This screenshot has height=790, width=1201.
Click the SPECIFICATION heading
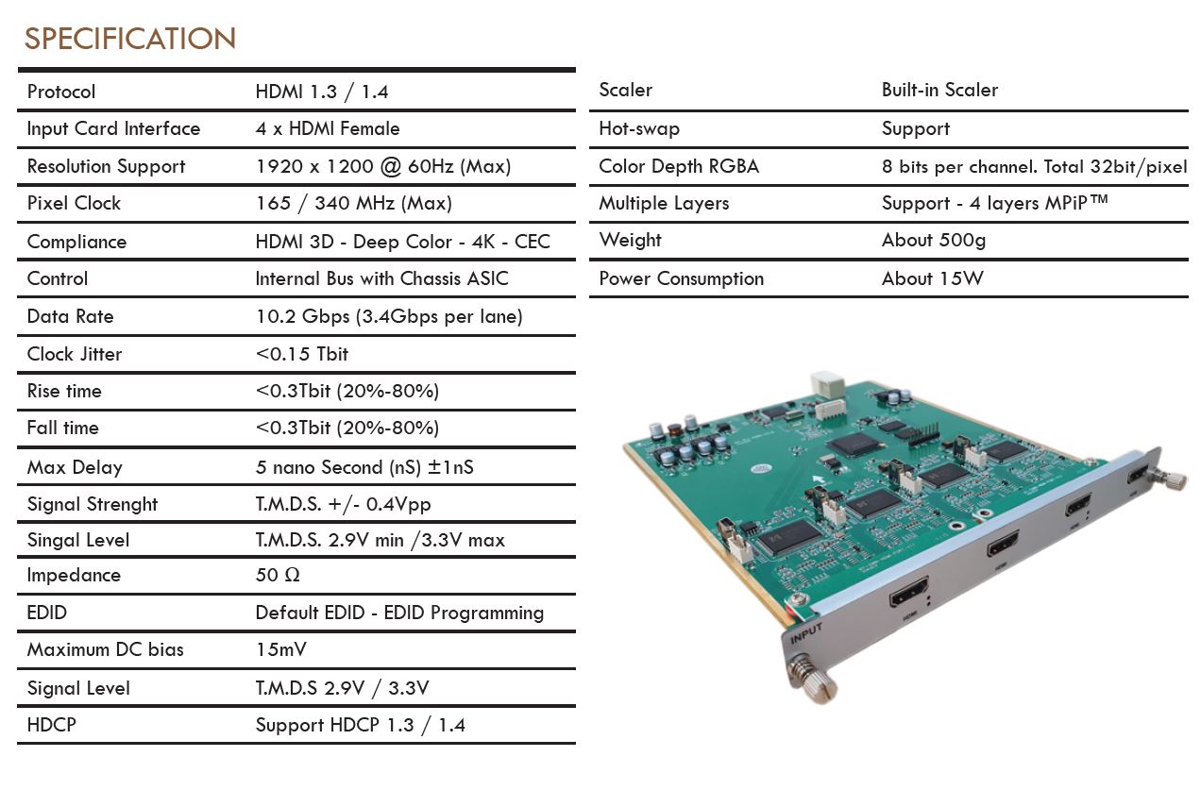(130, 39)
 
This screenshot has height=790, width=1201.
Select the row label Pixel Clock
(74, 203)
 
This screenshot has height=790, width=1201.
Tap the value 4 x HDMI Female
(328, 128)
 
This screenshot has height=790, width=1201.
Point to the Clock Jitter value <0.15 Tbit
(302, 354)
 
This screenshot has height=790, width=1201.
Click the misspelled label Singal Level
(78, 540)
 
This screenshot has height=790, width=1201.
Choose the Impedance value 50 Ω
(278, 575)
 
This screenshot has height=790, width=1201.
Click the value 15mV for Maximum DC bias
(281, 649)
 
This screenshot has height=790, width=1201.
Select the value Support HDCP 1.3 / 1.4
(361, 725)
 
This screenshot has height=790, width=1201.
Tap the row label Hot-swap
(639, 128)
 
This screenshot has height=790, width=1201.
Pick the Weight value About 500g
(934, 240)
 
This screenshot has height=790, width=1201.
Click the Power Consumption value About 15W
(933, 278)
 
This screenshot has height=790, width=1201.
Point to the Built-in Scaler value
(939, 90)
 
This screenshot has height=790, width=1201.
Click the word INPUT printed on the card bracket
(805, 634)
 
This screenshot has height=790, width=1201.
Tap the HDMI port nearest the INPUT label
(909, 591)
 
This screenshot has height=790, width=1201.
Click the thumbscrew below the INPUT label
(812, 681)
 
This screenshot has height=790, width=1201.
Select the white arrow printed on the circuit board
(820, 479)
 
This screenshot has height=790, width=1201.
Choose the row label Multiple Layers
(664, 203)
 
